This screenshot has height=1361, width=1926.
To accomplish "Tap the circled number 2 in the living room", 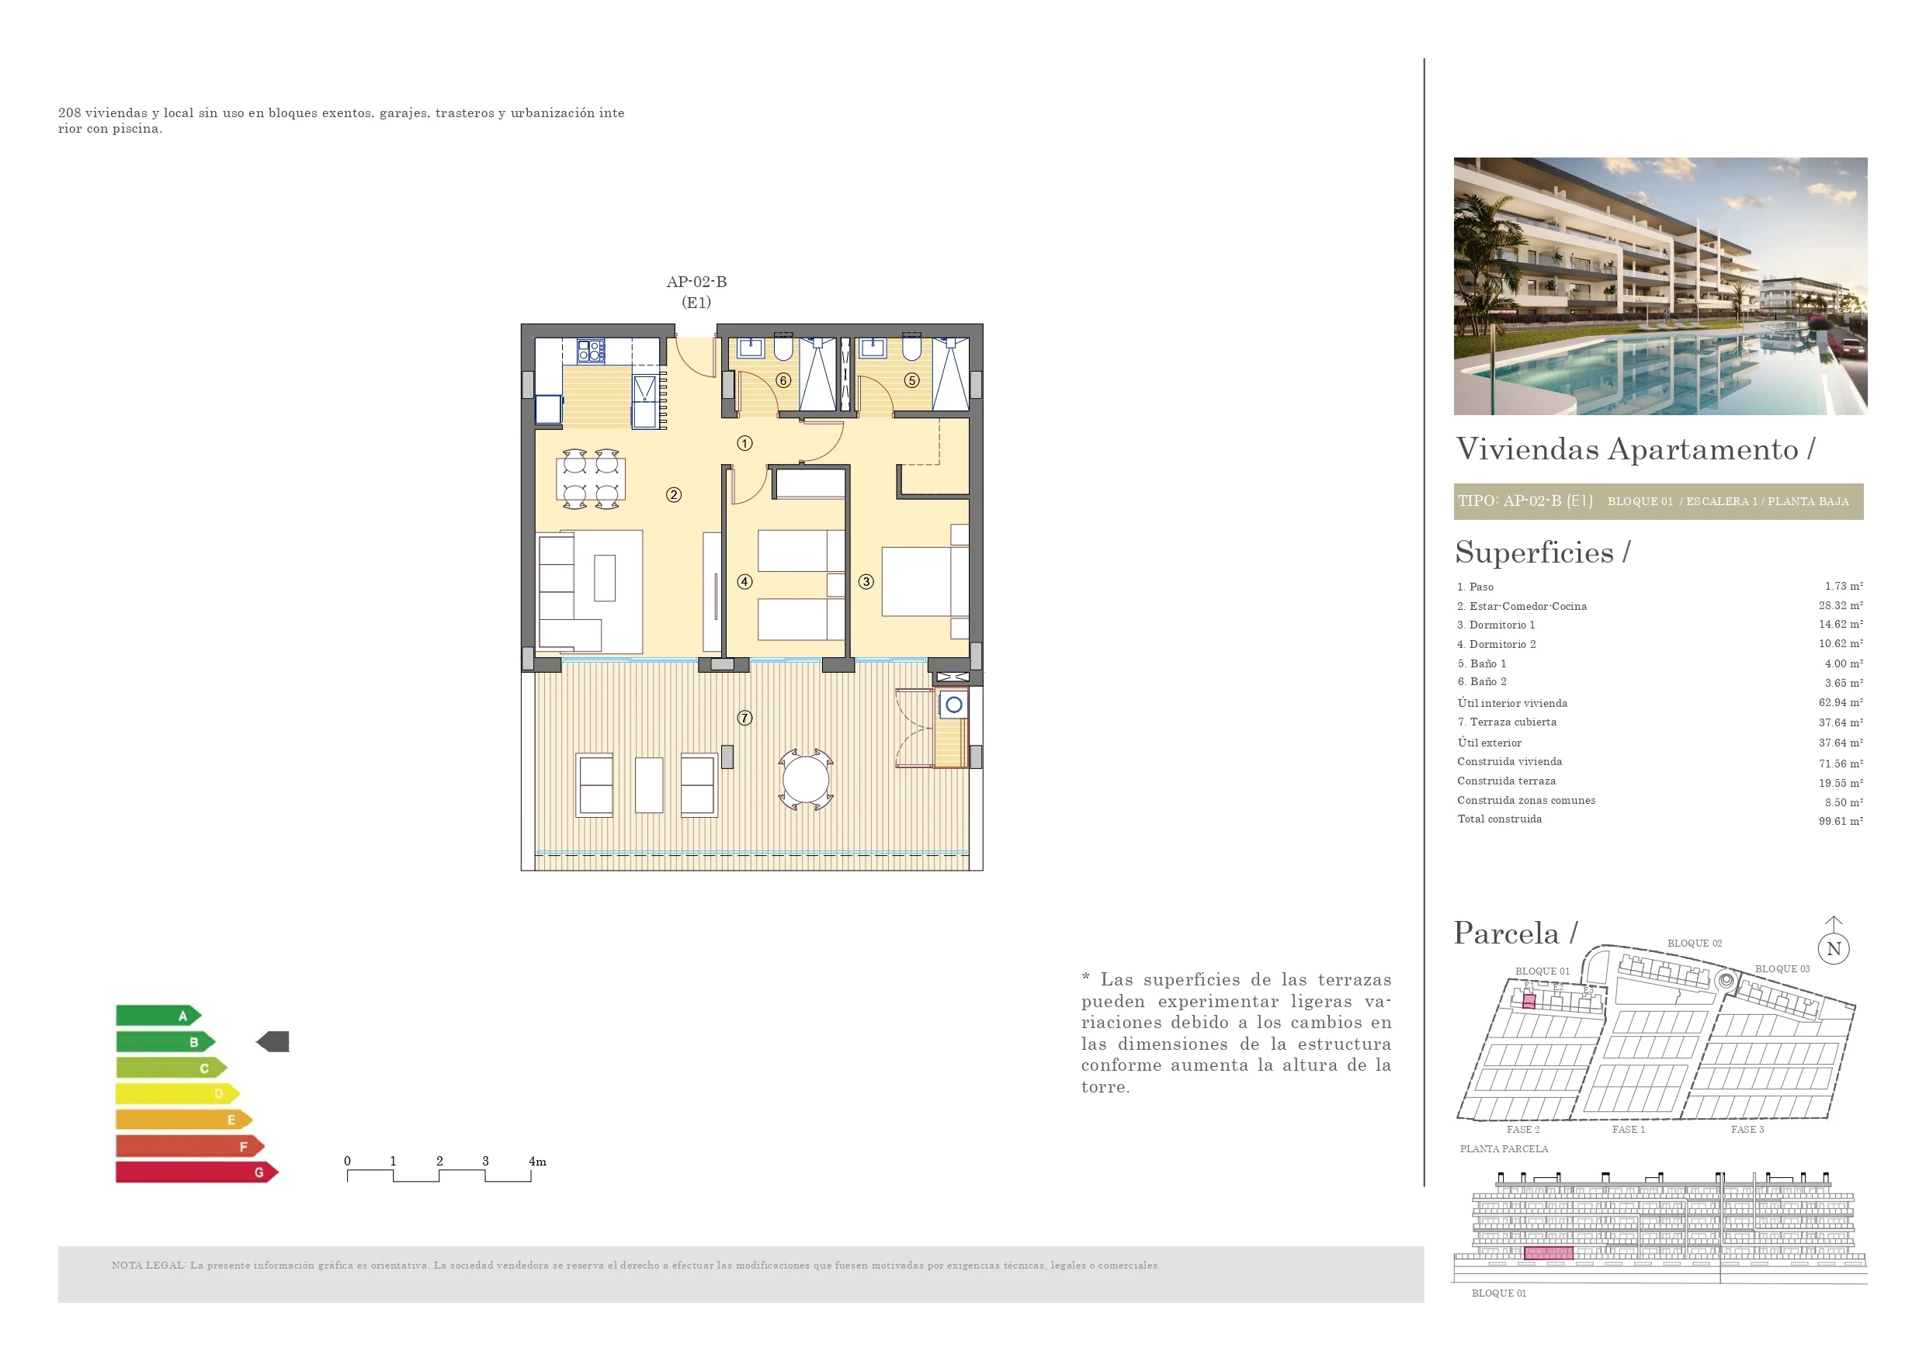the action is click(x=674, y=495).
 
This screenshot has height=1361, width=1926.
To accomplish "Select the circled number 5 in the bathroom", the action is click(x=912, y=380).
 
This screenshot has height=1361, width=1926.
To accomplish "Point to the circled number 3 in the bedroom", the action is click(x=866, y=581).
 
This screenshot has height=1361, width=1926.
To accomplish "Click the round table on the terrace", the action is click(x=805, y=780).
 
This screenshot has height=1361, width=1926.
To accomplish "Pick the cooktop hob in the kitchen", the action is click(x=591, y=351).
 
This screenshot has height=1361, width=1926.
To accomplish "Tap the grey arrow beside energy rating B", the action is click(x=272, y=1041).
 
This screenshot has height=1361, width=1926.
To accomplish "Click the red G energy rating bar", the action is click(x=197, y=1172).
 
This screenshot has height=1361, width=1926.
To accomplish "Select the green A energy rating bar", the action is click(x=158, y=1016).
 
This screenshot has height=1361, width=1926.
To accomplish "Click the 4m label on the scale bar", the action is click(x=538, y=1162).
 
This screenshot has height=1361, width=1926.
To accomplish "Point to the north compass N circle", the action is click(x=1834, y=949).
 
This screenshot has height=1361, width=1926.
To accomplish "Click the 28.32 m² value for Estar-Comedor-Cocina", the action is click(x=1841, y=605).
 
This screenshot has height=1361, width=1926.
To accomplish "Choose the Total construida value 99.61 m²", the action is click(x=1841, y=821).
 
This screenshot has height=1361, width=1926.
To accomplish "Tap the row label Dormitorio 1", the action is click(x=1496, y=625).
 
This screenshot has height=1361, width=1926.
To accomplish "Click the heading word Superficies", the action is click(x=1534, y=552).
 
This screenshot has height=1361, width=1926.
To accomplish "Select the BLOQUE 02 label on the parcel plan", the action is click(x=1695, y=944).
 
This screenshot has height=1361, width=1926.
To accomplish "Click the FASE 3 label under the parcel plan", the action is click(x=1747, y=1130).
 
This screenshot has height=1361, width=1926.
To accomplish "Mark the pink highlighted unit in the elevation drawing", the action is click(x=1548, y=1253).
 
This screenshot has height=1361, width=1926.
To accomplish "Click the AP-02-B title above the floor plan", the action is click(x=696, y=282).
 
